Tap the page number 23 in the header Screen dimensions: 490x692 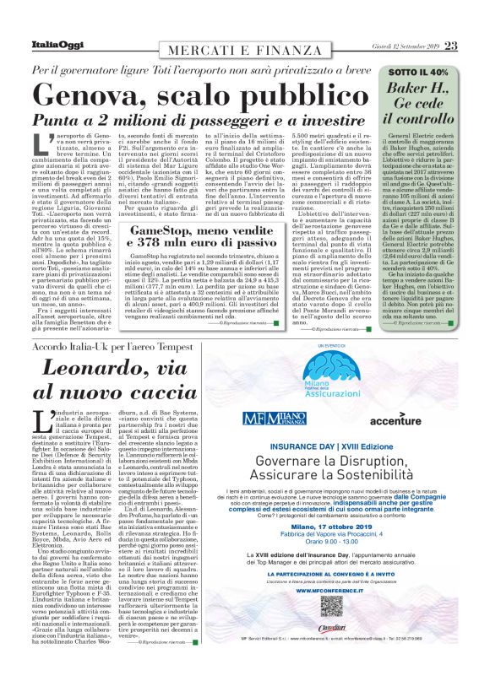click(x=450, y=46)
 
